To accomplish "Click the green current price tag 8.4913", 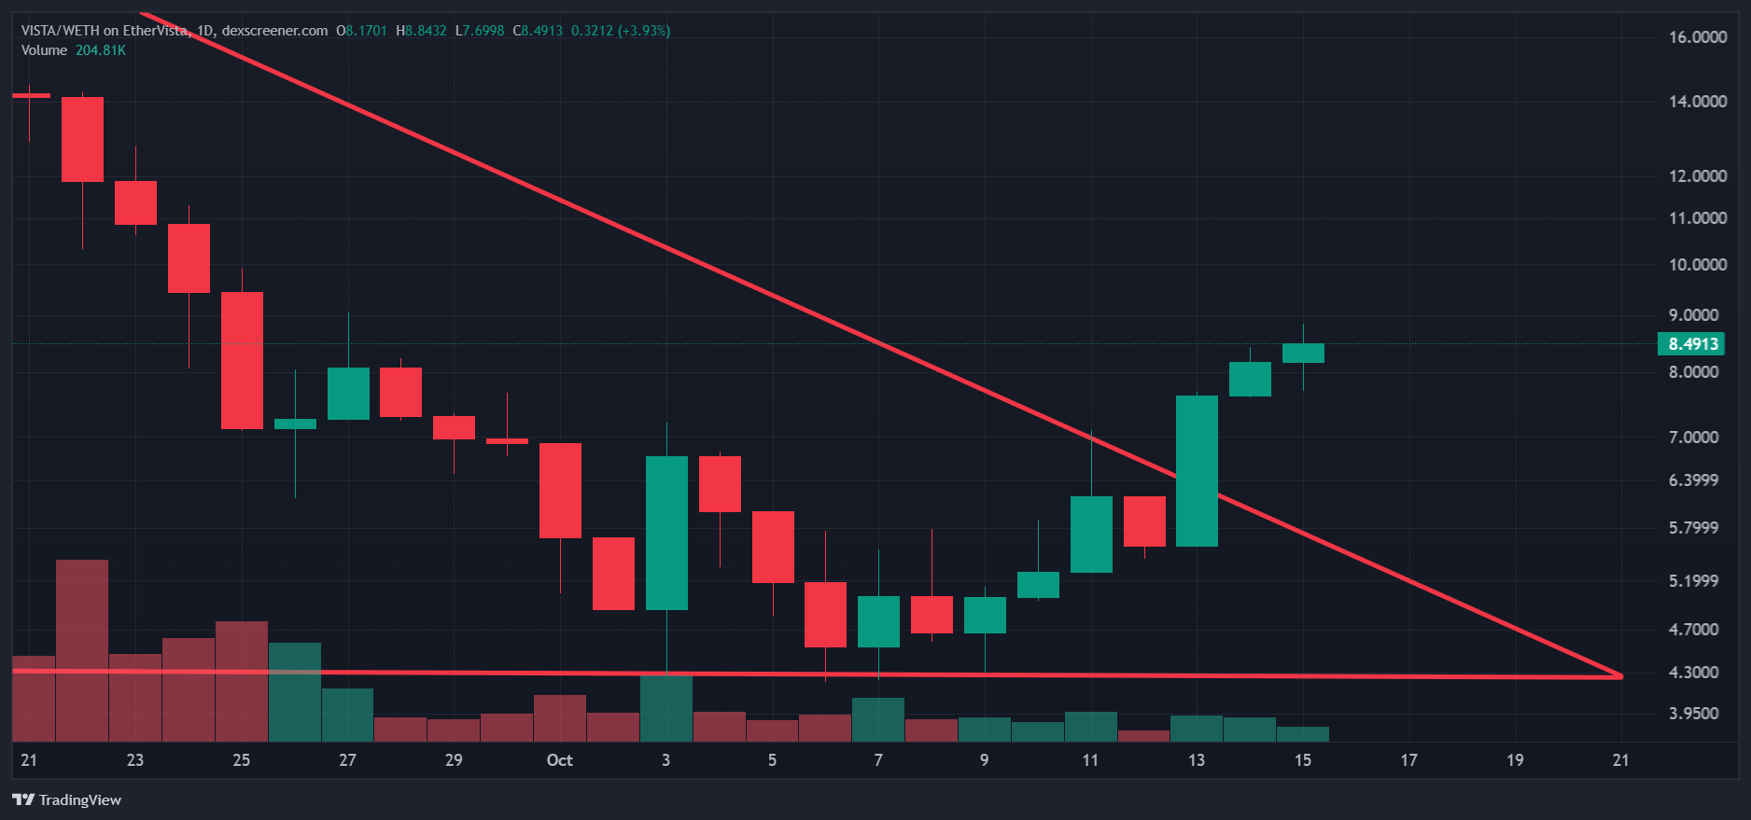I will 1691,344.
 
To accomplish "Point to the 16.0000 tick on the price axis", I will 1697,37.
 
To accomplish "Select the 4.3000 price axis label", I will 1693,673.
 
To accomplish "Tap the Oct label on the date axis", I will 559,760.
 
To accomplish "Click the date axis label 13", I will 1196,760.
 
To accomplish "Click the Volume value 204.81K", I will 101,50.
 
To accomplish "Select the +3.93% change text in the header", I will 644,31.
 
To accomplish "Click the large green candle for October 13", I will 1197,471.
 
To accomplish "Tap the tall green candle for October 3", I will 666,533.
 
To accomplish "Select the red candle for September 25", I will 242,360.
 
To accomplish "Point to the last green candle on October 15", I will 1303,353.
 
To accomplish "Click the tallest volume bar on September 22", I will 82,650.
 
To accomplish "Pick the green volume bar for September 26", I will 295,691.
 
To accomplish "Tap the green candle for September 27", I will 348,394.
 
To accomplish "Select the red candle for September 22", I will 82,139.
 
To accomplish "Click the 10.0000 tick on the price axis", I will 1697,265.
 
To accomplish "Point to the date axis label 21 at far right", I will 1620,760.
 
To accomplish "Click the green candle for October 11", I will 1091,535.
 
